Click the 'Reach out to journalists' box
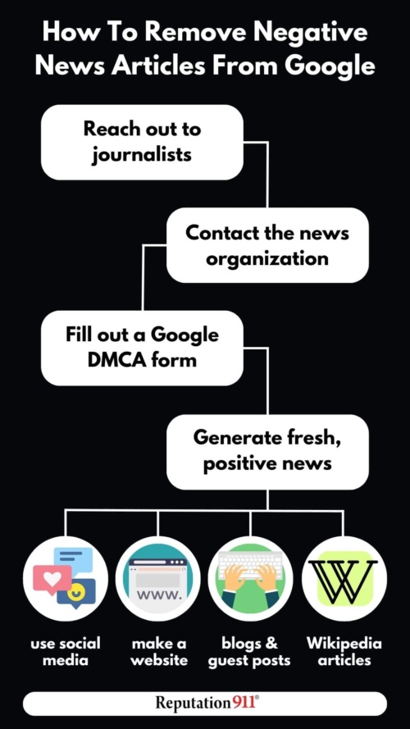click(142, 142)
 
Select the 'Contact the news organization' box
click(267, 245)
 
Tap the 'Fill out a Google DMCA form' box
click(142, 348)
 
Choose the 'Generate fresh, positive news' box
click(267, 452)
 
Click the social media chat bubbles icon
click(65, 579)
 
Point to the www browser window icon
click(157, 579)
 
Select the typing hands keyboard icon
click(251, 579)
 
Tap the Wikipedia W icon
click(344, 579)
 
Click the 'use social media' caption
click(65, 652)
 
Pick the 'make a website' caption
click(159, 652)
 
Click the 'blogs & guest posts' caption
click(249, 652)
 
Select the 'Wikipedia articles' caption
click(344, 652)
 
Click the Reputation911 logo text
click(207, 703)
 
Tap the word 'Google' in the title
click(330, 66)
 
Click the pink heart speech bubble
click(52, 579)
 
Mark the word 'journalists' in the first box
click(141, 155)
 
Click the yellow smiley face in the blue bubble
click(75, 592)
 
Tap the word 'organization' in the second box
click(267, 259)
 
